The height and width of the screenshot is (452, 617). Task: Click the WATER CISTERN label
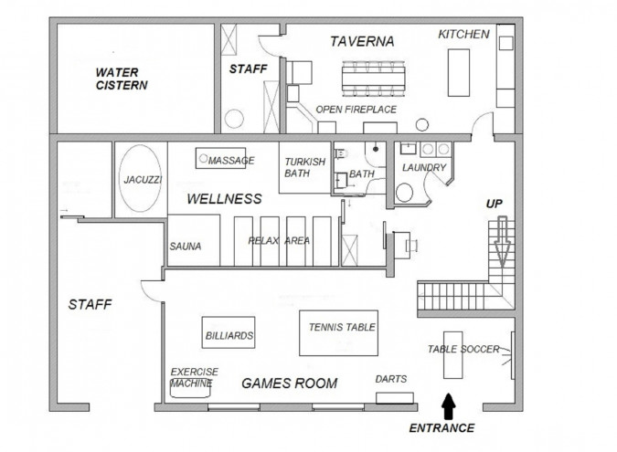pos(122,79)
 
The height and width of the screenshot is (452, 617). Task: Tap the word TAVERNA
pos(362,41)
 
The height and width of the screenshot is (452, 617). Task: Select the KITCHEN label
pos(463,34)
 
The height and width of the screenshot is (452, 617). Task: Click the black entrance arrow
pos(448,406)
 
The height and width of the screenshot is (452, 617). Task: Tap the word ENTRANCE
pos(441,428)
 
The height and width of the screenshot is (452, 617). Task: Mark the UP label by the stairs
pos(495,204)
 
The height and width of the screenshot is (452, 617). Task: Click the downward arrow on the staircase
pos(503,242)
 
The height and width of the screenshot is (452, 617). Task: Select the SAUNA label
pos(186,247)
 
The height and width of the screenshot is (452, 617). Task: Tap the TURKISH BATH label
pos(304,167)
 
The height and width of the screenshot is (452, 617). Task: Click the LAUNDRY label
pos(424,168)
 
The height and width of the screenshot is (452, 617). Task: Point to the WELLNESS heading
pos(224,199)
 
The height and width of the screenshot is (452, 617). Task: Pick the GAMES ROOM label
pos(289,384)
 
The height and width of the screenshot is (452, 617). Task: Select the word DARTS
pos(390,379)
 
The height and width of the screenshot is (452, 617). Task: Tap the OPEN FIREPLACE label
pos(356,110)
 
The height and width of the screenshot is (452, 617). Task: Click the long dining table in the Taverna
pos(374,79)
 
